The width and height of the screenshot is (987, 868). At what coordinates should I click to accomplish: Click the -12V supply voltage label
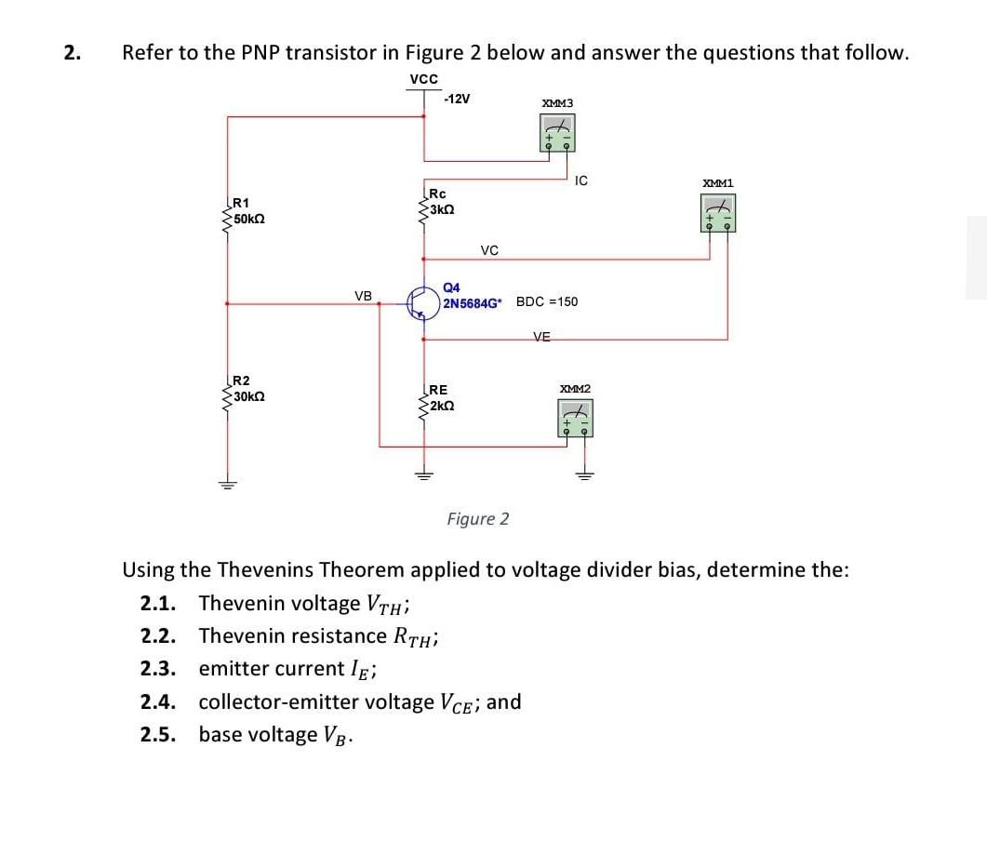point(458,100)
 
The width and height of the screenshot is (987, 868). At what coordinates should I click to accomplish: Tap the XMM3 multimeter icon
point(558,132)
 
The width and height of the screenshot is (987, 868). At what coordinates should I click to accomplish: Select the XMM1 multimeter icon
point(717,212)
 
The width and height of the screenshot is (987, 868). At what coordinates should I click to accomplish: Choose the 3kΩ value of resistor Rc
point(442,210)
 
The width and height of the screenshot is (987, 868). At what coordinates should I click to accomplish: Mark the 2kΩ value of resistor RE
point(442,407)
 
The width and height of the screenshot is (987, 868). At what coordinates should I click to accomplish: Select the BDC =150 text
point(547,301)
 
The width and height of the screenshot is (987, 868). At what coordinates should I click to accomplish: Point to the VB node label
point(363,296)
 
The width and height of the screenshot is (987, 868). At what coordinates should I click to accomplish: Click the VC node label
point(489,250)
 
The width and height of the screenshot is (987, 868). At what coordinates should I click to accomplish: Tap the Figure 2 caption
point(477,518)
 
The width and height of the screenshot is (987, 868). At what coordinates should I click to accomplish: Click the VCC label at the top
point(423,79)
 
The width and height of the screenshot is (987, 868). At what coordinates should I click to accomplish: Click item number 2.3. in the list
point(160,669)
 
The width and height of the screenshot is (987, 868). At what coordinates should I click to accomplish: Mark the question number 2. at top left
point(71,53)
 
